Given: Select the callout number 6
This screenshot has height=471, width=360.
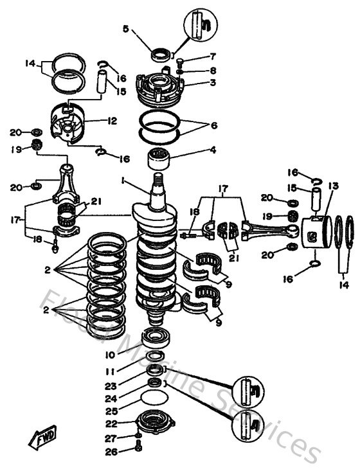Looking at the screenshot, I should point(214,126).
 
